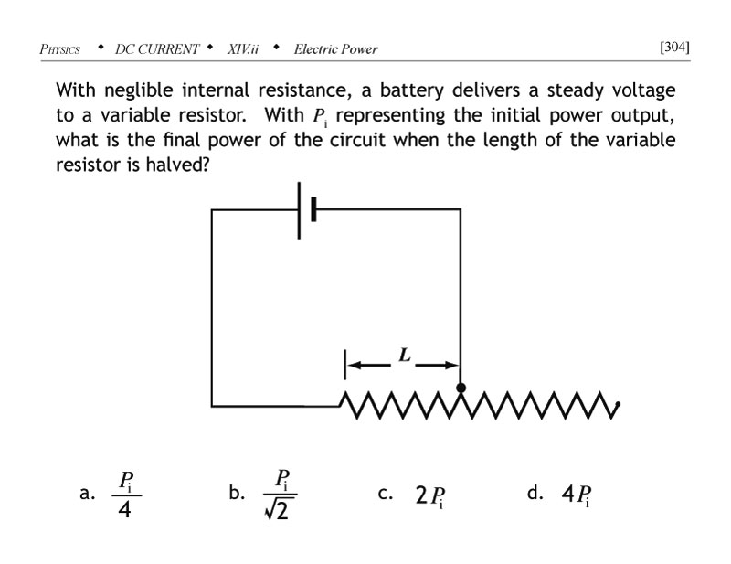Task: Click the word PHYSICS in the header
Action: (60, 48)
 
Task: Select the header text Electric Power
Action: (335, 48)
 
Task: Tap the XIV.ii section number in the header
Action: (241, 48)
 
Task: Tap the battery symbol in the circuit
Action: (306, 210)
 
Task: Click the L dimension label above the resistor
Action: (401, 353)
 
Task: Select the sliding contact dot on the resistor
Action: (461, 388)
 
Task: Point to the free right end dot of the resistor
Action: (620, 404)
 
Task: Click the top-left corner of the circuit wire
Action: (212, 210)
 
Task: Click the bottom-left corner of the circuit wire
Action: (212, 404)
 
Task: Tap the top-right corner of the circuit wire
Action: (461, 210)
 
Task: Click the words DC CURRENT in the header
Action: (157, 48)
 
